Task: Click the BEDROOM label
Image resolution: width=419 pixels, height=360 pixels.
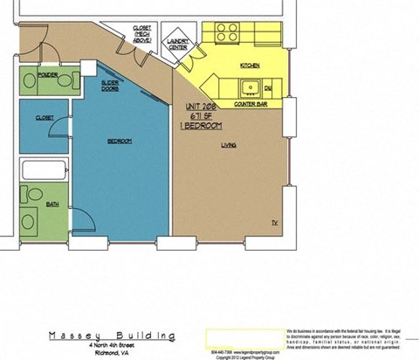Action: pos(120,141)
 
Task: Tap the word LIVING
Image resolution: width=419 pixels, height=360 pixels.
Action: pos(229,145)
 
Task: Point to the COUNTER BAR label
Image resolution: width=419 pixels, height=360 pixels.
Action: pos(250,104)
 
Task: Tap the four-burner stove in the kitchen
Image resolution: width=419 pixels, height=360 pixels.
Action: pos(228,33)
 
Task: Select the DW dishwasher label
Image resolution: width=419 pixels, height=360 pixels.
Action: pos(269,88)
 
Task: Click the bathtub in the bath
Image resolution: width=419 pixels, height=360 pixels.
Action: pos(44,171)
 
